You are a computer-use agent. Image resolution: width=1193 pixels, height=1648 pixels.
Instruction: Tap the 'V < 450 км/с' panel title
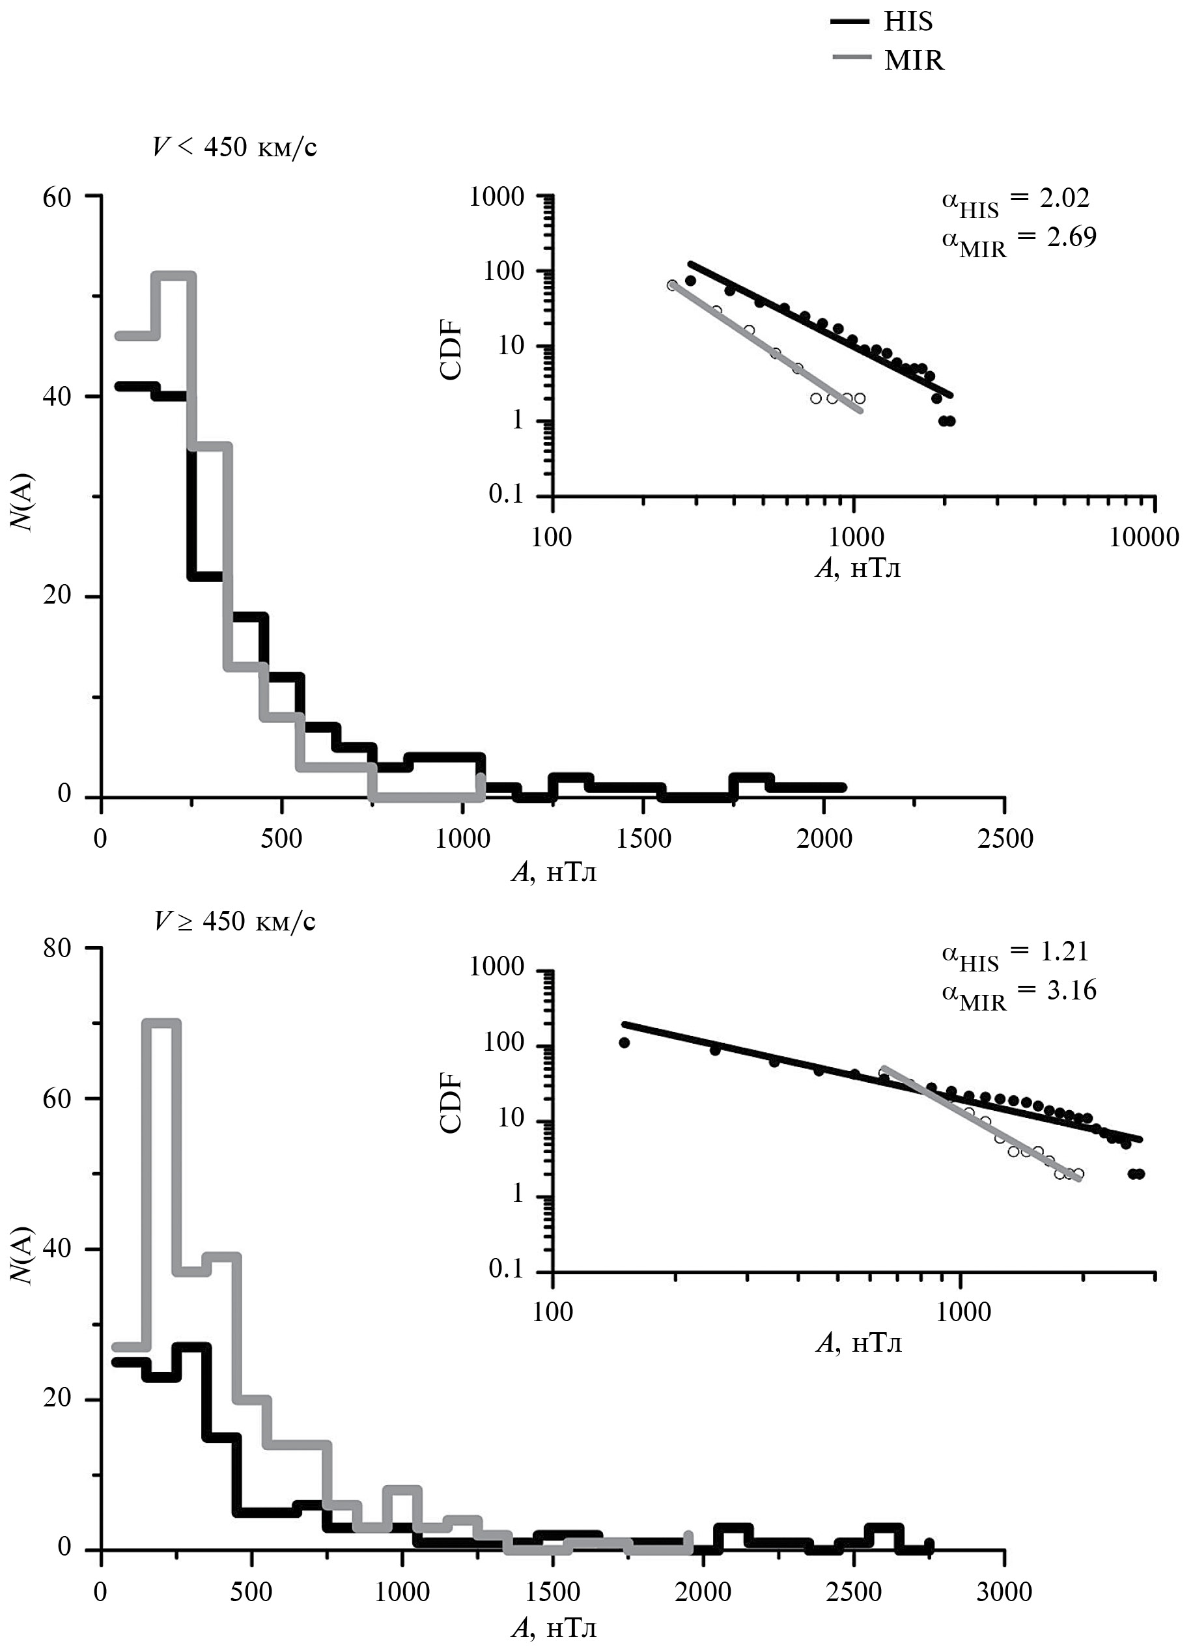234,148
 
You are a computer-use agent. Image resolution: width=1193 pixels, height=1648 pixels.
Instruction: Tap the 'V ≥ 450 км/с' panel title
234,921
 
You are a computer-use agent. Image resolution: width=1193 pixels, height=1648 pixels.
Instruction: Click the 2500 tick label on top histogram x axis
1004,839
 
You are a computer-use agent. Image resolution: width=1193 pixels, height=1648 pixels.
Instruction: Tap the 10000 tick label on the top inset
1145,537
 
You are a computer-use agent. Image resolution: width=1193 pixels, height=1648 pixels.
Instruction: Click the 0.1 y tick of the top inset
507,495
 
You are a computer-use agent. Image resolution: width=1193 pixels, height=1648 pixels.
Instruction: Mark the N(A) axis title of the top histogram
24,494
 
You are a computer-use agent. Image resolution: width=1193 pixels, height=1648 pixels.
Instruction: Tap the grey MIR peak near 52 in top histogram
174,275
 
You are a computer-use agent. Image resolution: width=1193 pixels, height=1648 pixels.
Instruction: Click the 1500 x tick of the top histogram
643,839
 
